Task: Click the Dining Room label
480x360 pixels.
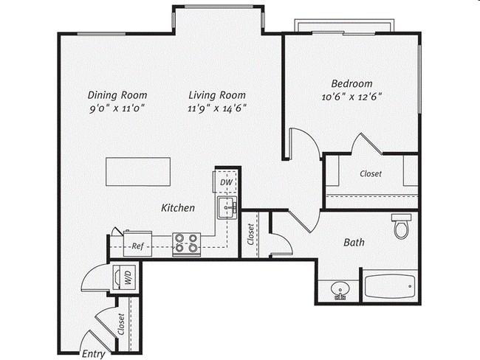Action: point(117,94)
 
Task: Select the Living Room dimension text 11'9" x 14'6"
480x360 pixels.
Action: point(216,108)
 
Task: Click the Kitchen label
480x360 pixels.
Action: point(178,208)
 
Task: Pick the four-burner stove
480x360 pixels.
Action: point(186,243)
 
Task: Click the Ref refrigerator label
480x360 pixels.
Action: point(137,247)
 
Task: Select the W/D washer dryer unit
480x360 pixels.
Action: point(123,278)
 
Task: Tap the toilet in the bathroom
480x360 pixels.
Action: point(401,226)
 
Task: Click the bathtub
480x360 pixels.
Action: point(389,284)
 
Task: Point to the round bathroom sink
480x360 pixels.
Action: point(340,289)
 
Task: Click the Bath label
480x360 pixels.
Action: point(354,242)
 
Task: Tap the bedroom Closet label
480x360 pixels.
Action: point(371,174)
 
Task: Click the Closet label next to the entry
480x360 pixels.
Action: point(120,325)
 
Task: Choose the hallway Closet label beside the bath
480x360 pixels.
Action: point(251,235)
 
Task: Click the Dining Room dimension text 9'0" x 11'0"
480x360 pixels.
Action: point(117,108)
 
